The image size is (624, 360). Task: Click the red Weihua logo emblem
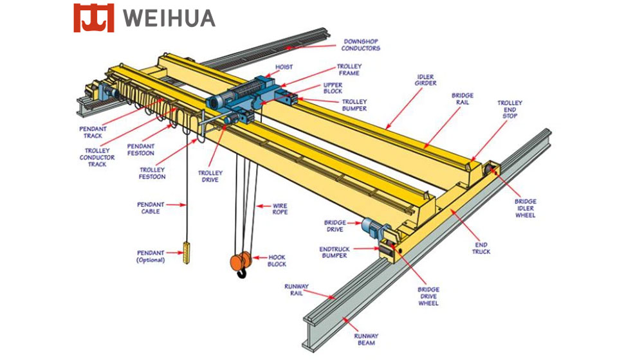pos(93,18)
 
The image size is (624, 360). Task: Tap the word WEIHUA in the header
pos(169,18)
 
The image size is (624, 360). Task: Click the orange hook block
pos(241,261)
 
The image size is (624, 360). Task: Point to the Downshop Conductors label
pos(360,44)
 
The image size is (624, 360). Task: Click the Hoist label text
pos(284,67)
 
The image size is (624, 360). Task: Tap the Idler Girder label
pos(425,80)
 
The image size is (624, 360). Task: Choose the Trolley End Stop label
pos(509,109)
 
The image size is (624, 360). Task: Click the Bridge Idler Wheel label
pos(526,208)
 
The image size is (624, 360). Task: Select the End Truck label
pos(481,248)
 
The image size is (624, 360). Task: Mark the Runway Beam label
pos(366,339)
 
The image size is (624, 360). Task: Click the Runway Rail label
pos(296,289)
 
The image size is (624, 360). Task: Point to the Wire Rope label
pos(280,209)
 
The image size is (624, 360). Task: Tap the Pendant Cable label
pos(151,208)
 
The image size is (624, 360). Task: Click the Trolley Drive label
pos(210,176)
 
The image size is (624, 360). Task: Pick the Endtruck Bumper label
pos(335,252)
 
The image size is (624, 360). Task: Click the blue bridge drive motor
pos(371,227)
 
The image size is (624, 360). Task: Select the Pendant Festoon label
pos(140,150)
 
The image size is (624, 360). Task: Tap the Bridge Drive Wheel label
pos(428,296)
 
